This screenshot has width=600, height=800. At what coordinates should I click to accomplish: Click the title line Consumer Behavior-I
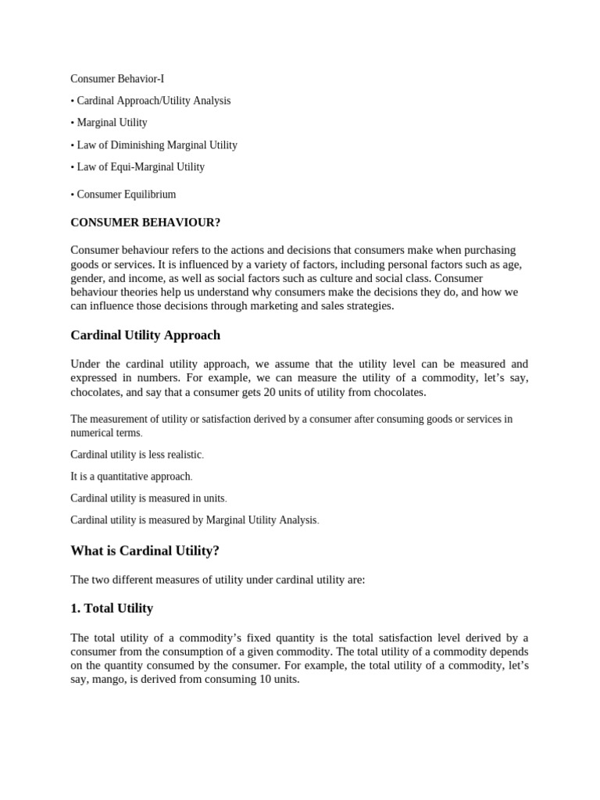click(117, 79)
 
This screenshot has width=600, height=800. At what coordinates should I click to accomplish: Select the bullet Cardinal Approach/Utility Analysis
click(153, 101)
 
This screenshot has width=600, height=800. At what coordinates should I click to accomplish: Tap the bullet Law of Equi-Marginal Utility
click(141, 166)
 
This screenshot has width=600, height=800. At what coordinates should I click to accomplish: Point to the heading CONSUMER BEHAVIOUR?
click(145, 223)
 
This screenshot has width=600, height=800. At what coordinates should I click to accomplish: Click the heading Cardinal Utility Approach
click(145, 335)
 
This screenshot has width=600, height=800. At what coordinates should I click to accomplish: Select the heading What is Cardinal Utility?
click(145, 551)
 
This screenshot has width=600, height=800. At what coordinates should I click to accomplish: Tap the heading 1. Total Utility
click(112, 608)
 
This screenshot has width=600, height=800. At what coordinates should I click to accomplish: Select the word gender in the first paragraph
click(86, 278)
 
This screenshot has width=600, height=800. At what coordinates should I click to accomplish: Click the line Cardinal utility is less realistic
click(136, 455)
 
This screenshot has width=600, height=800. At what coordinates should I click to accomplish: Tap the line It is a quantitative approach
click(130, 477)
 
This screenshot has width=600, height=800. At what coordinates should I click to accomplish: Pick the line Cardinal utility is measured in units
click(148, 498)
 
